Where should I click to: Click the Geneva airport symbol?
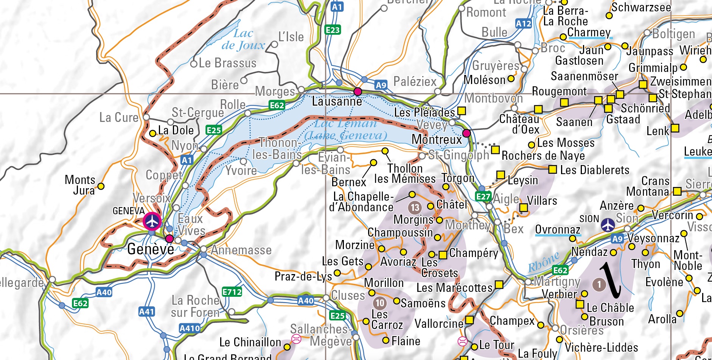click(x=152, y=221)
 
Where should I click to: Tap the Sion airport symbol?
click(x=608, y=224)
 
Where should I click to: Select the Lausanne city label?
click(x=337, y=101)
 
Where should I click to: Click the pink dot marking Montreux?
click(x=466, y=133)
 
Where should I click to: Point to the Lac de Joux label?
click(x=243, y=39)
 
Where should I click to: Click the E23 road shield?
click(x=333, y=30)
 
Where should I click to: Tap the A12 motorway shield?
click(x=524, y=23)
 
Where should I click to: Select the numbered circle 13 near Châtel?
click(x=415, y=207)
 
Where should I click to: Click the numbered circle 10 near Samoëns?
click(x=380, y=303)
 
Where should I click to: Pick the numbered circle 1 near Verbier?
click(x=599, y=284)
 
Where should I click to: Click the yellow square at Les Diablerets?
click(x=552, y=169)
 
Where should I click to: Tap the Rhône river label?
click(x=543, y=262)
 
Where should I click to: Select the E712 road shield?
click(x=232, y=292)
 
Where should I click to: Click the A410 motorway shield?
click(x=190, y=328)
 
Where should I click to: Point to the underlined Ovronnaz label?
click(x=558, y=230)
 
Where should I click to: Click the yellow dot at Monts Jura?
click(x=101, y=186)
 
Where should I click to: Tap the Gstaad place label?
click(x=623, y=120)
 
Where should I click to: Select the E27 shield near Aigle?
click(x=483, y=196)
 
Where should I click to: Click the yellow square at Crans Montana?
click(x=677, y=192)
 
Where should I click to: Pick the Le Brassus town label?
click(x=227, y=63)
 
